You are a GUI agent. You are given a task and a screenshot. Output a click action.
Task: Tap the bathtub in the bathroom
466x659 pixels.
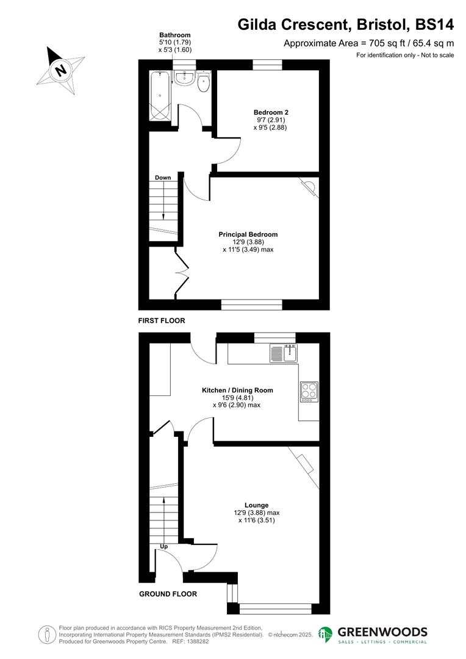[160, 96]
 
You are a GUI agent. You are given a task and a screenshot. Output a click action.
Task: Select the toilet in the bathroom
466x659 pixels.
[204, 82]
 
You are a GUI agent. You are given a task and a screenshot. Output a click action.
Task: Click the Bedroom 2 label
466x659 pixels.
[270, 112]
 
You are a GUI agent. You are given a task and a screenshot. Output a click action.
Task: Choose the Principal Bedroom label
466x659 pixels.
[248, 234]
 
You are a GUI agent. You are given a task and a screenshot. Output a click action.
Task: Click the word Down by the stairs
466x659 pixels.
[163, 178]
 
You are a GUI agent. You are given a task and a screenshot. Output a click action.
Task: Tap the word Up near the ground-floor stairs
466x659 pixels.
[163, 546]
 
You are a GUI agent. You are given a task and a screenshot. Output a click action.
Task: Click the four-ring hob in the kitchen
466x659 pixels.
[308, 391]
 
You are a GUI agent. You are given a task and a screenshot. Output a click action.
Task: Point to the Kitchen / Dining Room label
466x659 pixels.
[237, 390]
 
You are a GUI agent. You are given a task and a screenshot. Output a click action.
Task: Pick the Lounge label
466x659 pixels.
[257, 505]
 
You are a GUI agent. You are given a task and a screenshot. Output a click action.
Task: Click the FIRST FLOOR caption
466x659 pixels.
[162, 320]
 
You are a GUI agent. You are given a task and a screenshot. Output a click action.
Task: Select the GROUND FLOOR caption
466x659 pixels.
[168, 594]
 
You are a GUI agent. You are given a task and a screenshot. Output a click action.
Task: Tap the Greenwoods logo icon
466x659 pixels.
[326, 635]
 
